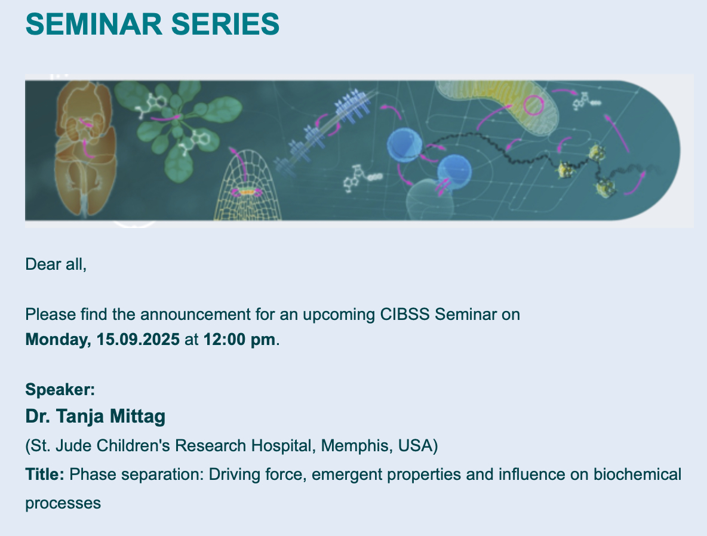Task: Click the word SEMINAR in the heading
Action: [94, 24]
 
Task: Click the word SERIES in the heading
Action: [226, 24]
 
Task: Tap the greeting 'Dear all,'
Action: [56, 264]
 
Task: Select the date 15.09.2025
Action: [138, 339]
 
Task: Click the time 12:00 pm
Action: [239, 339]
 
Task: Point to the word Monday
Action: [58, 340]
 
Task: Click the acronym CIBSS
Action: [405, 314]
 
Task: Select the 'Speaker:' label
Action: [60, 390]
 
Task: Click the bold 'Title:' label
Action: [45, 475]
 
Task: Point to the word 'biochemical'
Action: [637, 475]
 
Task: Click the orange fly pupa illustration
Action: [85, 149]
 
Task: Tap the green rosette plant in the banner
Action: [177, 128]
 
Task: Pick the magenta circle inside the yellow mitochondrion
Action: [533, 105]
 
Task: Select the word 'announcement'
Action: [195, 314]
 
